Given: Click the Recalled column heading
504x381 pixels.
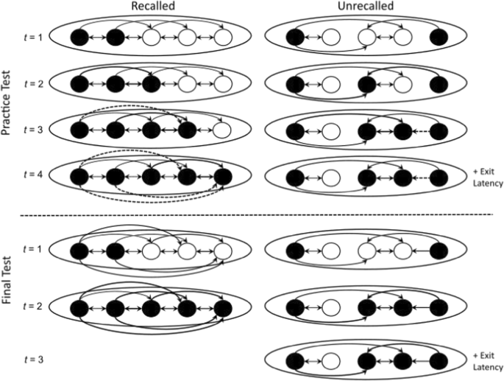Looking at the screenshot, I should click(151, 7).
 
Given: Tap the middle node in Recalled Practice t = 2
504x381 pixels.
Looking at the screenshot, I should click(152, 83).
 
